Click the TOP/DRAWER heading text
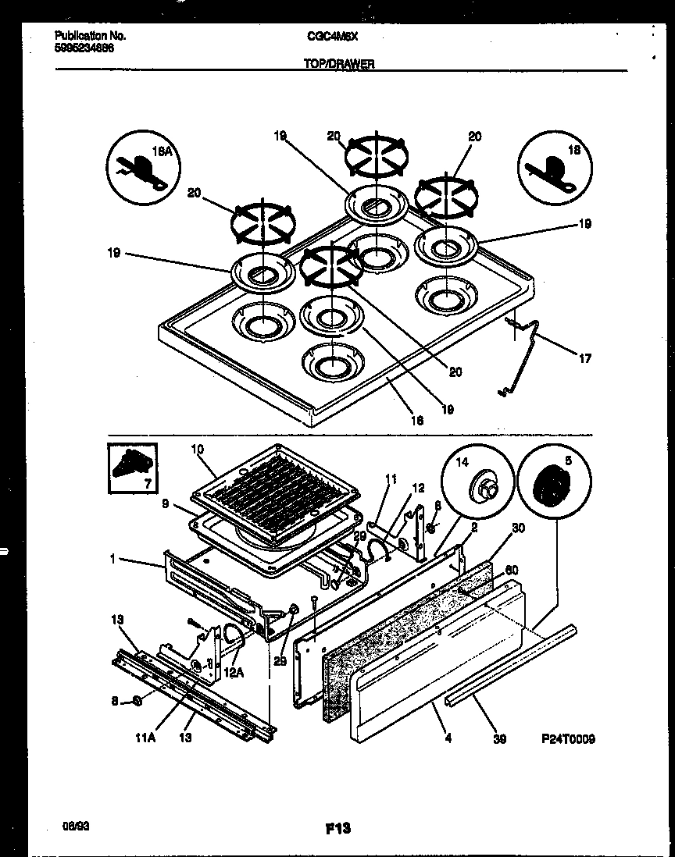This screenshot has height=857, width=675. [338, 65]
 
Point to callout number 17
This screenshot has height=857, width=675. [585, 359]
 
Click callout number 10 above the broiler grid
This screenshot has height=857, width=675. [196, 449]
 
